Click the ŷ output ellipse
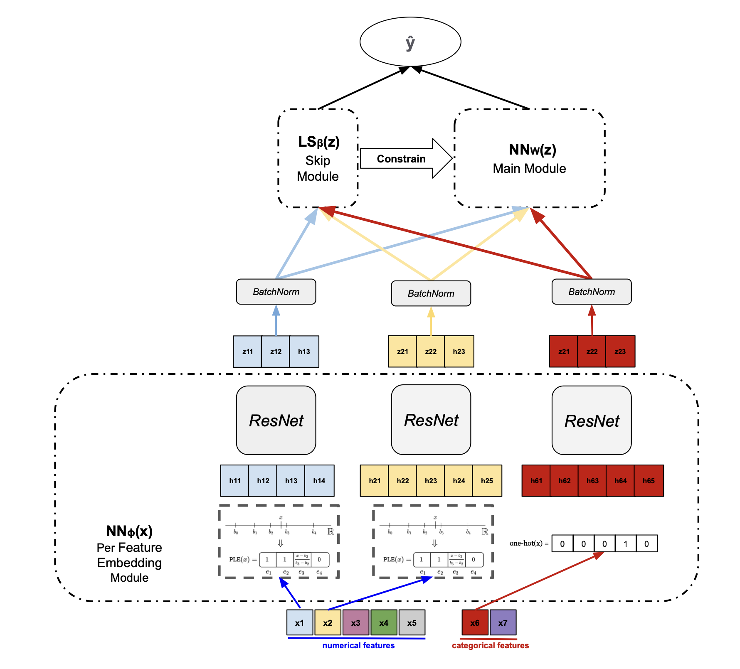pos(410,42)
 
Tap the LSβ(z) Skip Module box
pos(318,158)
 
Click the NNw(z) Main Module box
pos(529,158)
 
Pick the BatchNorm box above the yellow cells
pos(431,293)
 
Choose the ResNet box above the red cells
pos(591,420)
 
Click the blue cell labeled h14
pos(319,481)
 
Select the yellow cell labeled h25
pos(487,481)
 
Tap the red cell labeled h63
pos(592,481)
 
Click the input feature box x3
pos(355,622)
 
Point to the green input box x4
pos(384,622)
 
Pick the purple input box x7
pos(503,622)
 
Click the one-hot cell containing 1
pos(625,544)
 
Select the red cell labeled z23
pos(620,352)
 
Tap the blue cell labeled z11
pos(247,352)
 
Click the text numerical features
pos(358,645)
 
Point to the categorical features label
pos(490,645)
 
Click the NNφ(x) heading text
pos(129,531)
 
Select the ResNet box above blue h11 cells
pos(276,420)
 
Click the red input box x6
pos(475,622)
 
